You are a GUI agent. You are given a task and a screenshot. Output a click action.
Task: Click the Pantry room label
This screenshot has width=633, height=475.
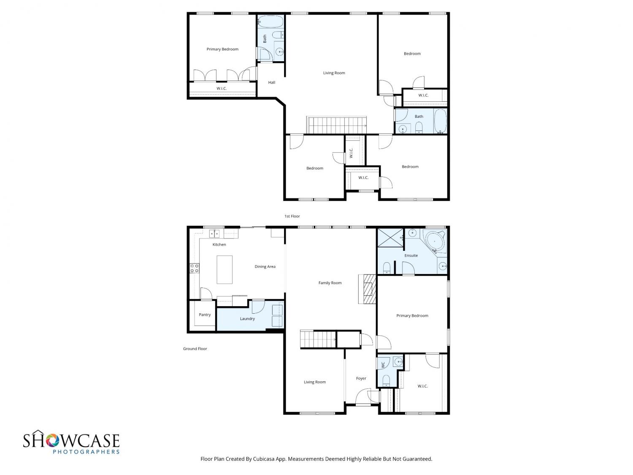pyautogui.click(x=205, y=315)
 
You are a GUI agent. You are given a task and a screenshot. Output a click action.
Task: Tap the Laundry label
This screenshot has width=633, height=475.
pyautogui.click(x=247, y=318)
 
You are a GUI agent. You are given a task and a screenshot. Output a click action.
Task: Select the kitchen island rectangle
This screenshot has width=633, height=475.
pyautogui.click(x=225, y=269)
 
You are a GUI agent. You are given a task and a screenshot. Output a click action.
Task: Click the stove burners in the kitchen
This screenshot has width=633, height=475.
pyautogui.click(x=194, y=268)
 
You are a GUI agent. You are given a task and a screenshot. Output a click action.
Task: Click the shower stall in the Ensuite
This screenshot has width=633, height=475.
pyautogui.click(x=390, y=238)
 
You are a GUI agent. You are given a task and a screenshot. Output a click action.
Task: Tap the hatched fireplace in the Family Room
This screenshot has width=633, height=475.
pyautogui.click(x=369, y=289)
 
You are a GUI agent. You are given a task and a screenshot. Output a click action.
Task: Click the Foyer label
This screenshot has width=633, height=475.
pyautogui.click(x=361, y=378)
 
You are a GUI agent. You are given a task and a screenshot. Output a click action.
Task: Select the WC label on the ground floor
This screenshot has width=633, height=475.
pyautogui.click(x=383, y=365)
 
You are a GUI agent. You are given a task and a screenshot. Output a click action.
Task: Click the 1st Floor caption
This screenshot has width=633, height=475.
pyautogui.click(x=292, y=216)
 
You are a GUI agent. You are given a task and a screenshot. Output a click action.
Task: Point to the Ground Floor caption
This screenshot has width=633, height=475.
pyautogui.click(x=195, y=348)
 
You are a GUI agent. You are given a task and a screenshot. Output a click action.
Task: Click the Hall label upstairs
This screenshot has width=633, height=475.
pyautogui.click(x=271, y=82)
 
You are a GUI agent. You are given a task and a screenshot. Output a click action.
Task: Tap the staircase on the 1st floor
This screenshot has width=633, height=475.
pyautogui.click(x=336, y=125)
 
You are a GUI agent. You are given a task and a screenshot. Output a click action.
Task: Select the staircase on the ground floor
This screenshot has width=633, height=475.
pyautogui.click(x=318, y=339)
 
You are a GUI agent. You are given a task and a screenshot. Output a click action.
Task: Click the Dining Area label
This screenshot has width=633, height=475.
pyautogui.click(x=265, y=266)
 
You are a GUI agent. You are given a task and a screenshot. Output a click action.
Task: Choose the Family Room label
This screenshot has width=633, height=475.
pyautogui.click(x=330, y=282)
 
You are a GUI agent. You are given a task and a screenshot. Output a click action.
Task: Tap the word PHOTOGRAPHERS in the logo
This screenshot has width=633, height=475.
pyautogui.click(x=86, y=452)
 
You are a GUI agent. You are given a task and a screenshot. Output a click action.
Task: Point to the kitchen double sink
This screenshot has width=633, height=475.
pyautogui.click(x=214, y=233)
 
